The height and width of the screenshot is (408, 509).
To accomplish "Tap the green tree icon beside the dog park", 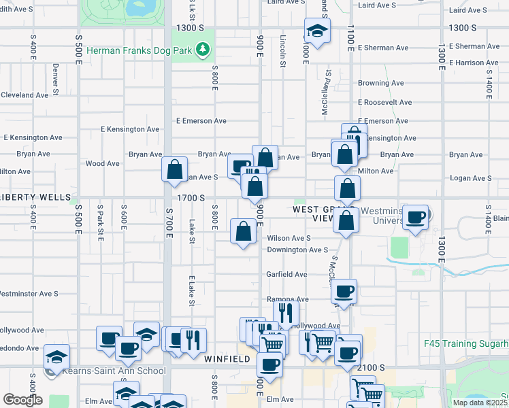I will pyautogui.click(x=202, y=49).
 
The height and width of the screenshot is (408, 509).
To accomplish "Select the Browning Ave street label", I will pyautogui.click(x=381, y=83).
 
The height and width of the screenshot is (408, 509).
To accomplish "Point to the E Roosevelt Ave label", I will pyautogui.click(x=384, y=103).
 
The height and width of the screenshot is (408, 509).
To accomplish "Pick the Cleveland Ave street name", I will pyautogui.click(x=24, y=95).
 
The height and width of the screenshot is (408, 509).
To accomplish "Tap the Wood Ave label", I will pyautogui.click(x=103, y=163).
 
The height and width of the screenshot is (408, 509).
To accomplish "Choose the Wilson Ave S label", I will pyautogui.click(x=289, y=238).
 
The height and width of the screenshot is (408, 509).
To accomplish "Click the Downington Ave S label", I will pyautogui.click(x=297, y=250).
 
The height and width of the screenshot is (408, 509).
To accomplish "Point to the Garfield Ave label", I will pyautogui.click(x=286, y=275).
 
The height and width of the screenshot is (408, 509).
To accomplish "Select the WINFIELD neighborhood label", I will pyautogui.click(x=225, y=358).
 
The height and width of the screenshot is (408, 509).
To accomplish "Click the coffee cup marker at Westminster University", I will pyautogui.click(x=415, y=217).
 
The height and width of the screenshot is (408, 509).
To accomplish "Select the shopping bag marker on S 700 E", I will pyautogui.click(x=175, y=168).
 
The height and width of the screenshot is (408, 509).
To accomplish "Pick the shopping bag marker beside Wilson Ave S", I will pyautogui.click(x=243, y=231).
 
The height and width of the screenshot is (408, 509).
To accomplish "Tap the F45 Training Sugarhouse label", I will pyautogui.click(x=465, y=344).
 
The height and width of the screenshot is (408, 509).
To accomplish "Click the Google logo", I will pyautogui.click(x=22, y=399).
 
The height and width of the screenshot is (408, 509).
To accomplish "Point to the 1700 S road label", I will pyautogui.click(x=191, y=197).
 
